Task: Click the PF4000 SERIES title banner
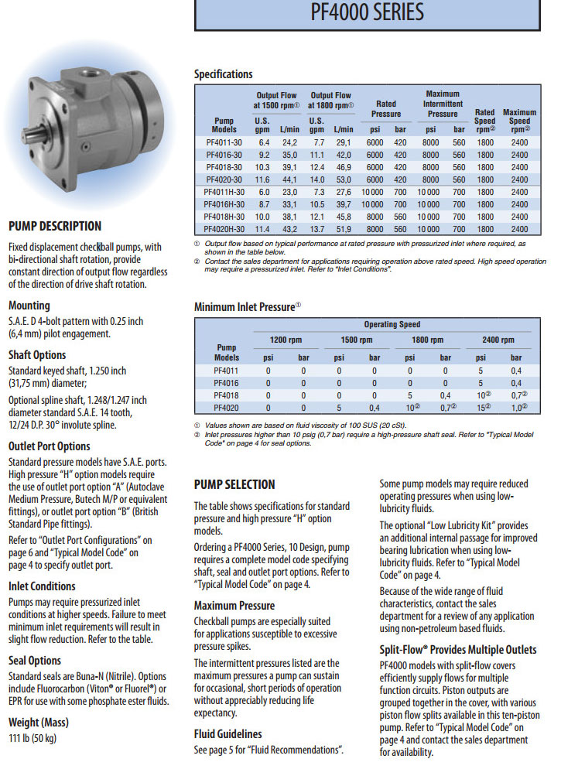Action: (367, 13)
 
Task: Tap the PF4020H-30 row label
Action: (224, 229)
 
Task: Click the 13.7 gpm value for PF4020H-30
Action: (316, 229)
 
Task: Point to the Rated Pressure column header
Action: (385, 108)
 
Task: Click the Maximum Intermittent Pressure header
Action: (442, 104)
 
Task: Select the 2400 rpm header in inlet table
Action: (498, 340)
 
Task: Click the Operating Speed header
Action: (390, 325)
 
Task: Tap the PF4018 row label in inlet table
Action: (227, 395)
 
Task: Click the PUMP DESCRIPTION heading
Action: (54, 226)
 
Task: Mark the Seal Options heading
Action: (34, 660)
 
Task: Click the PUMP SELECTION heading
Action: (234, 484)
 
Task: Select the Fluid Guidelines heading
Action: (227, 733)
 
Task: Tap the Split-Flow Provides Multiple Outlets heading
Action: (457, 649)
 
